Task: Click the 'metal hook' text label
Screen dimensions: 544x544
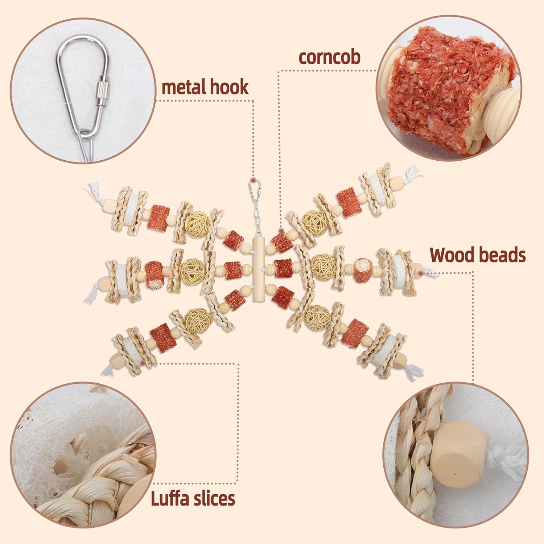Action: [x=205, y=87]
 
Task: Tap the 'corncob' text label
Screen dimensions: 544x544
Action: [x=329, y=57]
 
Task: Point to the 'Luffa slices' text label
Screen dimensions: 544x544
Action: [x=193, y=498]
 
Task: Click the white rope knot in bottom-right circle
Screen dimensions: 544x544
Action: [x=508, y=464]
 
